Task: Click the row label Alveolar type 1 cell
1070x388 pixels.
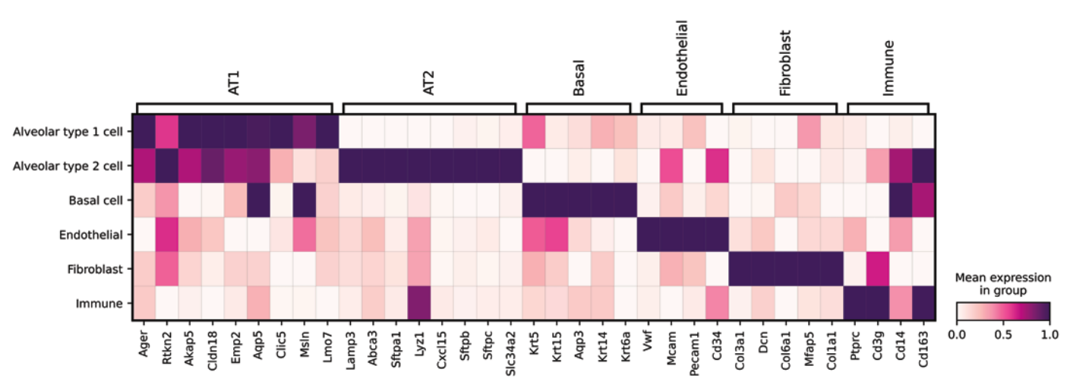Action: (68, 132)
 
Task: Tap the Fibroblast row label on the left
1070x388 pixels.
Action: (94, 269)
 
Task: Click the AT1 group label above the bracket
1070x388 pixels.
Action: (235, 87)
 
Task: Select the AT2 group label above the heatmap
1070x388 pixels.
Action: (430, 87)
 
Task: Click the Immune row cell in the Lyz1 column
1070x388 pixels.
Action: (419, 303)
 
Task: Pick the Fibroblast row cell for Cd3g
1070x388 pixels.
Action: (878, 269)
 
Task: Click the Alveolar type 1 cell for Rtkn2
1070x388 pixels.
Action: (167, 132)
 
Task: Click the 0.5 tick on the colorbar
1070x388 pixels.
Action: (1002, 335)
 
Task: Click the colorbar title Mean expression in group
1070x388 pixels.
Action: (1002, 284)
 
